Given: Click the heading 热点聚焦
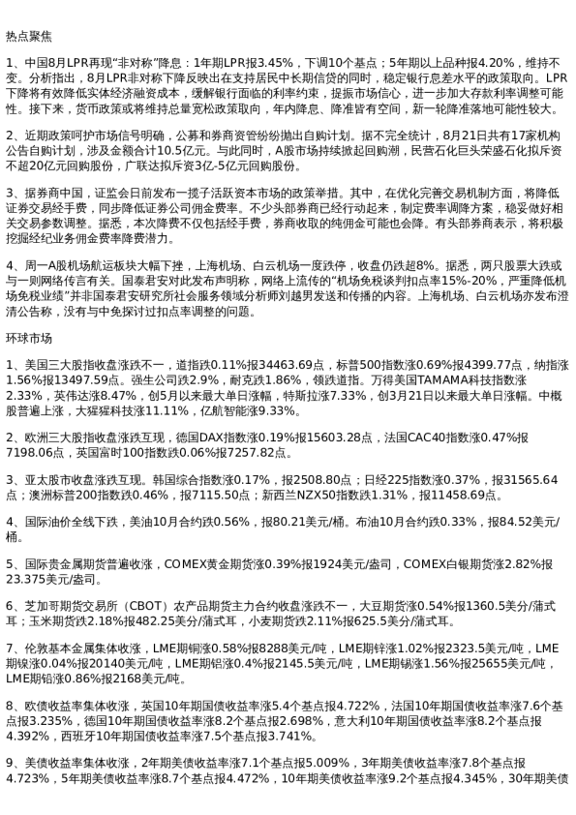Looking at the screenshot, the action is [27, 35].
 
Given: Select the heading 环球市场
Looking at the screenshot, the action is [27, 339].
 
